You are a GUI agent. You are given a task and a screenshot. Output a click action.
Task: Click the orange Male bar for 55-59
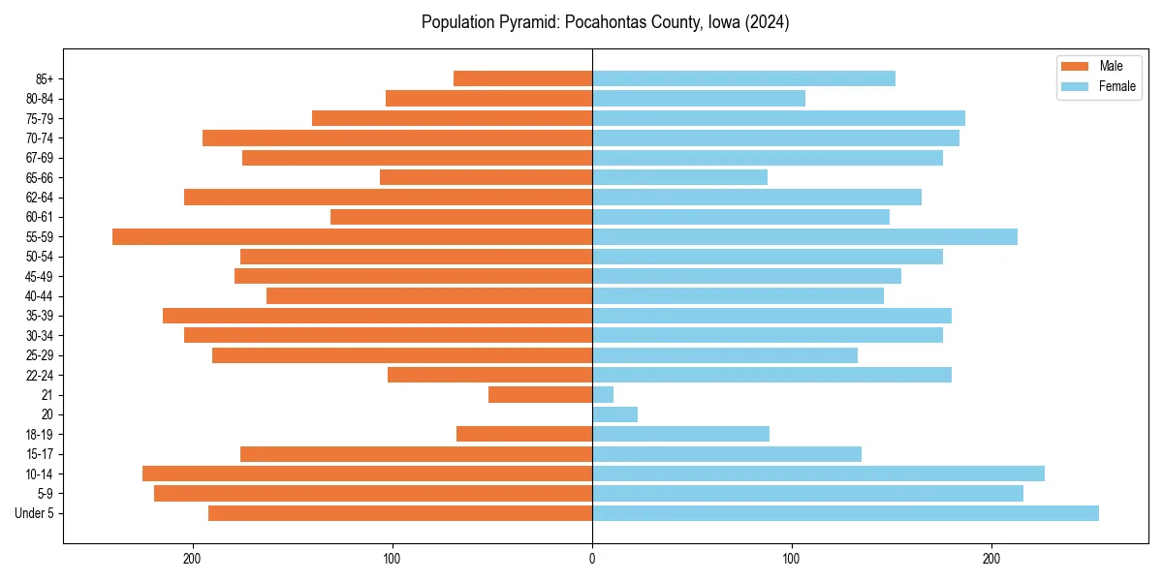[352, 236]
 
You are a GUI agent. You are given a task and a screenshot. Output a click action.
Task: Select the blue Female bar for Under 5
[845, 513]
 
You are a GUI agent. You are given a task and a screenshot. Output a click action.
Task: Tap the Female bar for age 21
[603, 395]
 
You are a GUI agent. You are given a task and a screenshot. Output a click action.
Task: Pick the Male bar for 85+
[522, 78]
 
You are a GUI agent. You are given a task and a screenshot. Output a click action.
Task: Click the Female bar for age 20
[614, 414]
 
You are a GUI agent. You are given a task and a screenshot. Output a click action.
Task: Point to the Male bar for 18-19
[524, 434]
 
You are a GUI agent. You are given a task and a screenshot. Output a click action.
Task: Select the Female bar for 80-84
[699, 99]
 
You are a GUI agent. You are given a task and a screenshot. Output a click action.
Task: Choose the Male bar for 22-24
[489, 375]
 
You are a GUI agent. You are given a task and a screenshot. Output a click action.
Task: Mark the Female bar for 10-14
[818, 474]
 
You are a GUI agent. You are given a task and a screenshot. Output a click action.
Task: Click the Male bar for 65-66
[486, 177]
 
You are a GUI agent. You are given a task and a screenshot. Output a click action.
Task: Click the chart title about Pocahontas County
[605, 22]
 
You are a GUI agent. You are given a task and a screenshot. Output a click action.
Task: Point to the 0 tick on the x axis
[592, 559]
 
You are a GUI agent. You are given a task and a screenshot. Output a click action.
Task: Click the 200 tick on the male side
[193, 559]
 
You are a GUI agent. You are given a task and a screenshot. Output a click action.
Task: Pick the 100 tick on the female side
[792, 559]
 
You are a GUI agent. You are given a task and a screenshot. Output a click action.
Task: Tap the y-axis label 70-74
[40, 138]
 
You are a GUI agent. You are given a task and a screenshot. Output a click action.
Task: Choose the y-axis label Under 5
[35, 513]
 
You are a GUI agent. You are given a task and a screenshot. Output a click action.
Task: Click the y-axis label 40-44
[40, 296]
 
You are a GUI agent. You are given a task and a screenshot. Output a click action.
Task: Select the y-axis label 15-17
[40, 454]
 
